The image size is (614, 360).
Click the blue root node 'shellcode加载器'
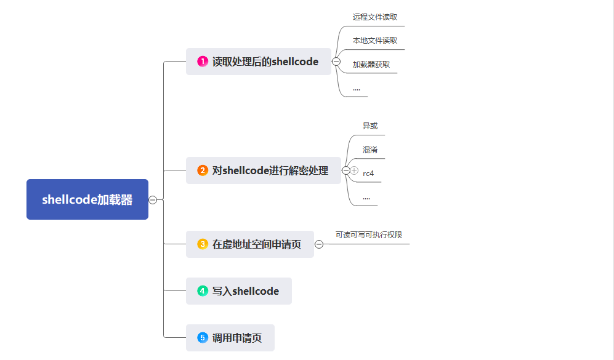coord(87,199)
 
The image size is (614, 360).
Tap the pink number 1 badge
coord(203,62)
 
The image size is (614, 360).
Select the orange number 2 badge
coord(203,170)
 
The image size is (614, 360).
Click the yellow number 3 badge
coord(203,244)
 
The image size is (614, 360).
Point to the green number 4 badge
coord(203,290)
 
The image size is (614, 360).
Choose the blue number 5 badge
coord(203,338)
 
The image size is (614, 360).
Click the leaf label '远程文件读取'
coord(375,17)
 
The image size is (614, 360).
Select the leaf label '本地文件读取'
coord(375,40)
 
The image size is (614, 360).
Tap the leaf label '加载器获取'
coord(371,64)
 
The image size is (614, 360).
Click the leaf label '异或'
coord(370,126)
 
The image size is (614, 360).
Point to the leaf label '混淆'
coord(370,150)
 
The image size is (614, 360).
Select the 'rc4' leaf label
coord(368,174)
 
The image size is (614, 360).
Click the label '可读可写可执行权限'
coord(369,235)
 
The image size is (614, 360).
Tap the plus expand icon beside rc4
coord(354,170)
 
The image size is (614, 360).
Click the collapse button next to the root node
coord(153,200)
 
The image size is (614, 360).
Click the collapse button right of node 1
coord(336,62)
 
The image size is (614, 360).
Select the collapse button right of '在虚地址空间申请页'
coord(319,244)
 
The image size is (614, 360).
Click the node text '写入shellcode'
coord(246,291)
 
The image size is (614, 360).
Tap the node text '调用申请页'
coord(237,338)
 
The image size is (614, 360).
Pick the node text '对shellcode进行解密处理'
coord(270,170)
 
